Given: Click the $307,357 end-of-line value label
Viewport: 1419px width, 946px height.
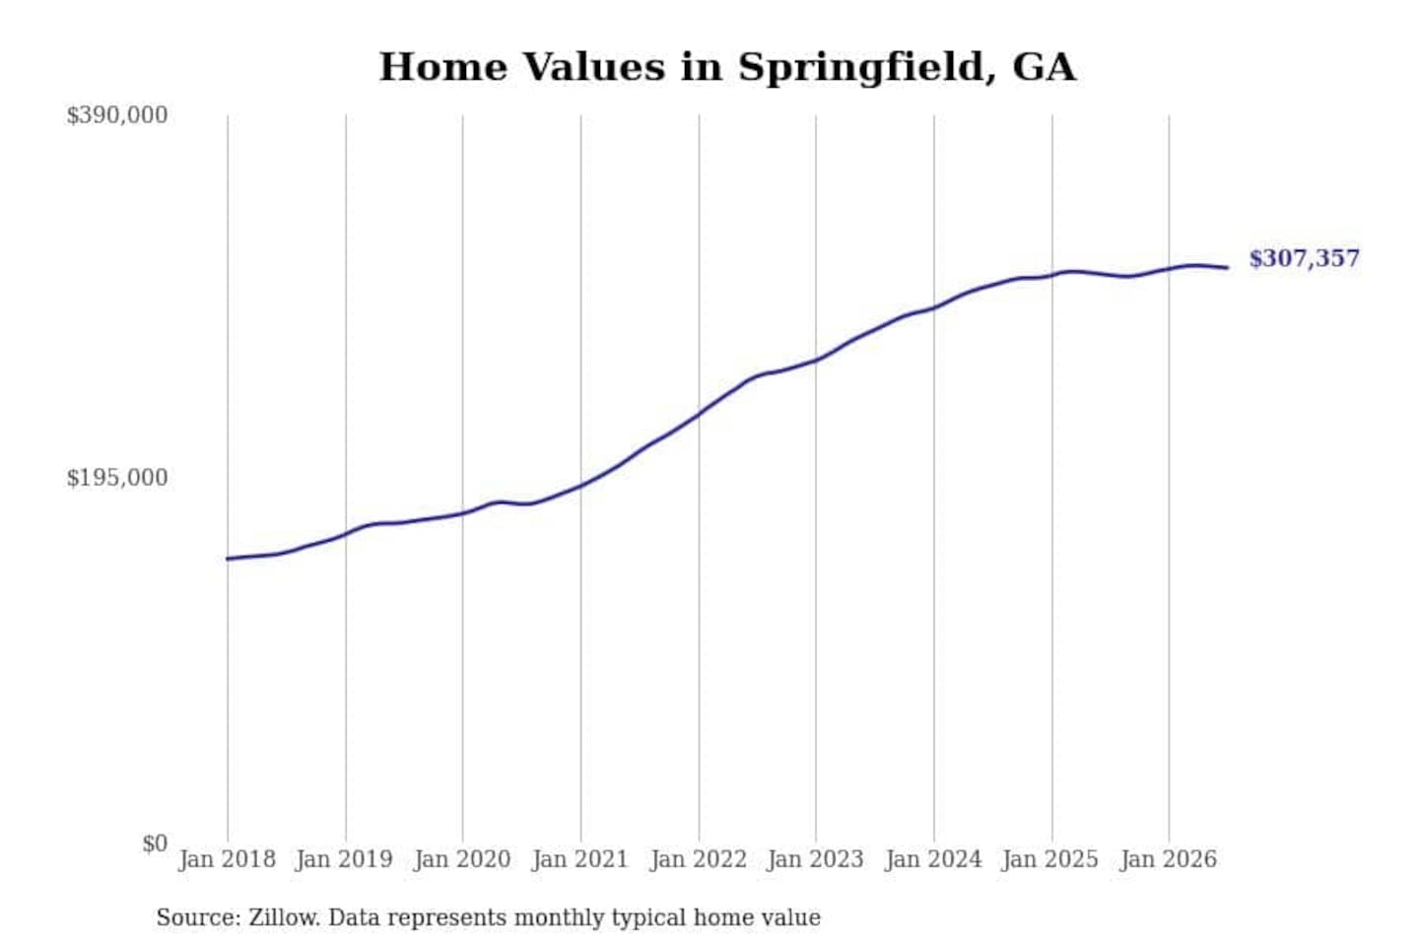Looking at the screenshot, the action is coord(1304,258).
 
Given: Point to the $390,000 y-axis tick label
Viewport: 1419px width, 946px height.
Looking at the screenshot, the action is coord(117,115).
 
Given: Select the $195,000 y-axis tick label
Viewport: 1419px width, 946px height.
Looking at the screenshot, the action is coord(117,478).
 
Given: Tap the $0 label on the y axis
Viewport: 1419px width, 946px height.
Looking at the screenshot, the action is coord(155,844).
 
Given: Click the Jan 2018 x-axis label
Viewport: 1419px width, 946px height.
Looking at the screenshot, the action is coord(228,860).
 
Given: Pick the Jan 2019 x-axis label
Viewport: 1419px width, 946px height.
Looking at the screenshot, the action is coord(345,860).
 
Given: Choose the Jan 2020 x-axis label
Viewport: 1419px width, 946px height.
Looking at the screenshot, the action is coord(462,860).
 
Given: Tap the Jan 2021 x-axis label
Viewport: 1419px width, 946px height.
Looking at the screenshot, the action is coord(580,860).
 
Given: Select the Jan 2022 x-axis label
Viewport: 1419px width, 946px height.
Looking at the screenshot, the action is coord(699,860).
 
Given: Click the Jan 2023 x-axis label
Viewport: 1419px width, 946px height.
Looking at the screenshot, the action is coord(815,860).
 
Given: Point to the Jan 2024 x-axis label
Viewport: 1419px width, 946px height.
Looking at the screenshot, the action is coord(933,860).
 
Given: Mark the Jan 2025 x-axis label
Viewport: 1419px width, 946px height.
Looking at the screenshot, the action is coord(1050,860).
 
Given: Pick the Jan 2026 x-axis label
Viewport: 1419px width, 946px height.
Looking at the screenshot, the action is coord(1169,860).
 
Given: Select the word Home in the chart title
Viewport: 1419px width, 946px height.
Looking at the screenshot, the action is coord(443,67).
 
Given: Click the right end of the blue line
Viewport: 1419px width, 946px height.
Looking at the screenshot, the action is coord(1228,267).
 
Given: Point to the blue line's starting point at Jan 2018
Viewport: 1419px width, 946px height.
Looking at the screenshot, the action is coord(228,559).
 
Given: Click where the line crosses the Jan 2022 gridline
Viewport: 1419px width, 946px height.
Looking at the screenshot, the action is coord(700,415).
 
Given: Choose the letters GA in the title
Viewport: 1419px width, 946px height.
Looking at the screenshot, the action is coord(1044,67).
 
